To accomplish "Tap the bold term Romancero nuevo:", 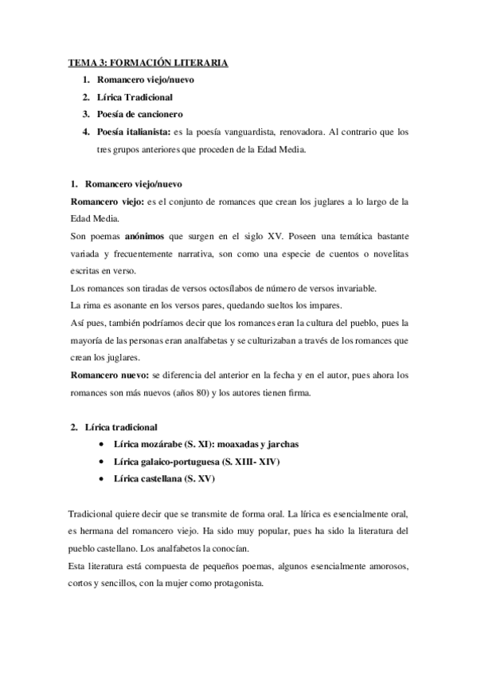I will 109,374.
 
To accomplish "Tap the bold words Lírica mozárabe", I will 148,444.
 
